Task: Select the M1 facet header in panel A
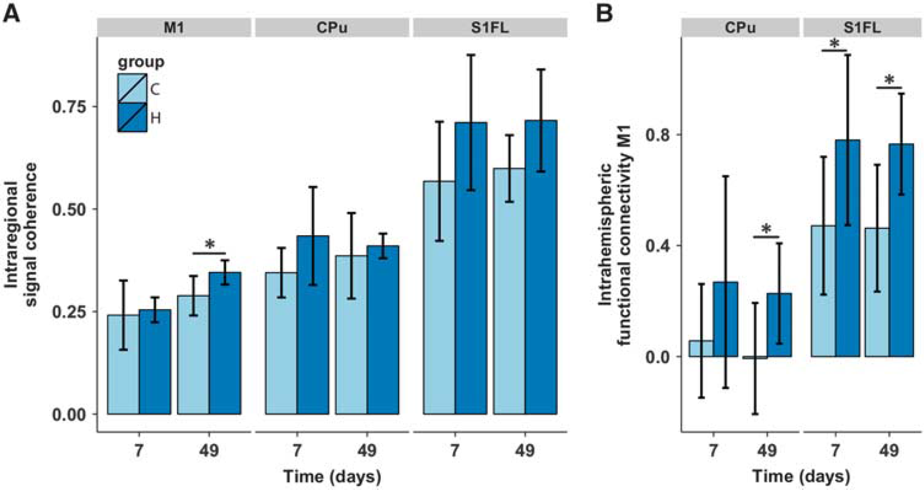click(x=174, y=28)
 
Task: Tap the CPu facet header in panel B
click(x=741, y=28)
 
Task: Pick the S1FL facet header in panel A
click(x=490, y=28)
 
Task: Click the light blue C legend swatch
click(x=132, y=88)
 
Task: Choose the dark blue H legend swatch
click(x=132, y=117)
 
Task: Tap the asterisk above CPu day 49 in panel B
click(x=767, y=229)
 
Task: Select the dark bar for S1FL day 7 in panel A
click(x=471, y=268)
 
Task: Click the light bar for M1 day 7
click(x=123, y=364)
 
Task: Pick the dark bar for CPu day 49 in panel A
click(x=383, y=330)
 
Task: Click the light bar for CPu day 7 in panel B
click(x=701, y=349)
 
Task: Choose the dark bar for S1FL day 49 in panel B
click(x=902, y=250)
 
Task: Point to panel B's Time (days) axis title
click(x=801, y=477)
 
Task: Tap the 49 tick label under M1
click(x=209, y=450)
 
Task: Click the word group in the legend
click(x=141, y=63)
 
